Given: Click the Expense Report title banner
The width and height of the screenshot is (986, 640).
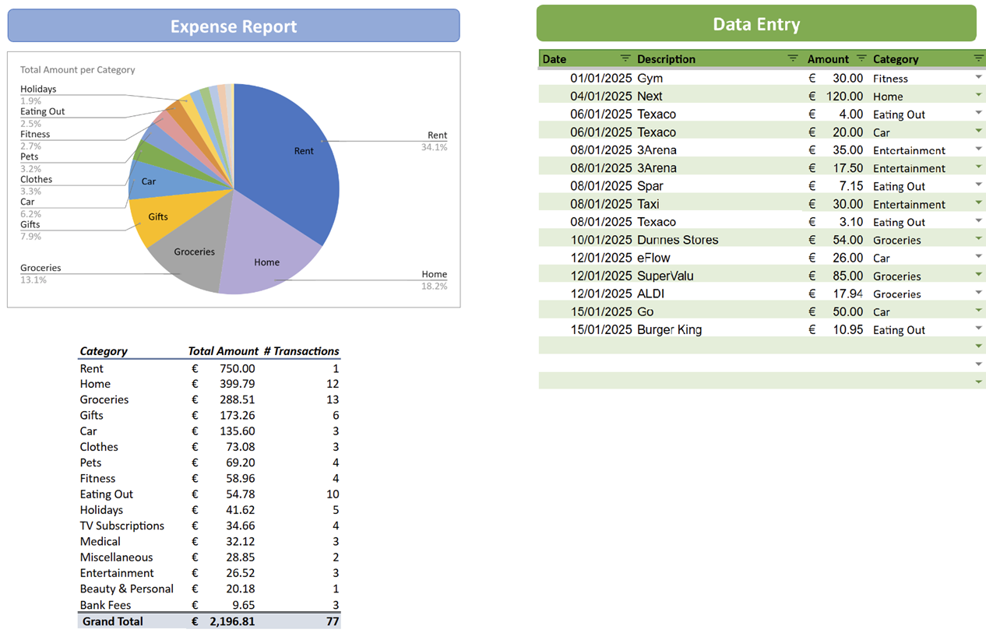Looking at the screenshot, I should [234, 26].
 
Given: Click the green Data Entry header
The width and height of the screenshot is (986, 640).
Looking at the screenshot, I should [755, 24].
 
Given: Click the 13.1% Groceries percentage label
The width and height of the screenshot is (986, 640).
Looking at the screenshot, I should [33, 280].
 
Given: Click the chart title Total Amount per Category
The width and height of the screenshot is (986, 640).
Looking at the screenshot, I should [77, 69].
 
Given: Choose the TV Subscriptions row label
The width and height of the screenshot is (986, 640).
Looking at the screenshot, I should [121, 526].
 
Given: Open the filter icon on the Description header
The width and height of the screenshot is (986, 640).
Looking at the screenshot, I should [793, 58].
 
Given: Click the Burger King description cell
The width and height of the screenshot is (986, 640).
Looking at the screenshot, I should [669, 329].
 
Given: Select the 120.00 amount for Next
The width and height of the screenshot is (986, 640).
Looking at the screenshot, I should [844, 96].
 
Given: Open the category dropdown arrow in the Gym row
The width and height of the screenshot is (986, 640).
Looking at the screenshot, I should [978, 77].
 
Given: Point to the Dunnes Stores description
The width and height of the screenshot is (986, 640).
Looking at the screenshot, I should [678, 240].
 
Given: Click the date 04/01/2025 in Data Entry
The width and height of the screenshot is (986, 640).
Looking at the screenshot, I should [600, 96].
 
